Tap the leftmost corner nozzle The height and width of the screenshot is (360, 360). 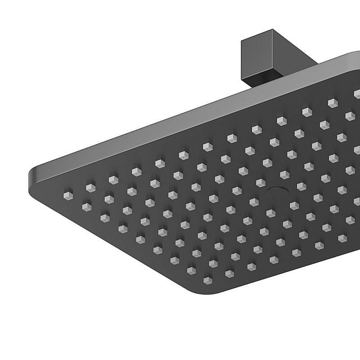67,195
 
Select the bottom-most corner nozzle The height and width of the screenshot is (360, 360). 207,280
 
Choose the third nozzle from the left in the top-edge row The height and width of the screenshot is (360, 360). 112,179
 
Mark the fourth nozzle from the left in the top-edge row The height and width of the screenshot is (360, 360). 135,171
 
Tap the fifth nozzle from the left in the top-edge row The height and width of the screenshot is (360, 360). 159,163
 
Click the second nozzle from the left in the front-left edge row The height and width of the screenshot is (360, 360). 86,206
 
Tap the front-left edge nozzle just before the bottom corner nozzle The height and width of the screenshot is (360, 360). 191,270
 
